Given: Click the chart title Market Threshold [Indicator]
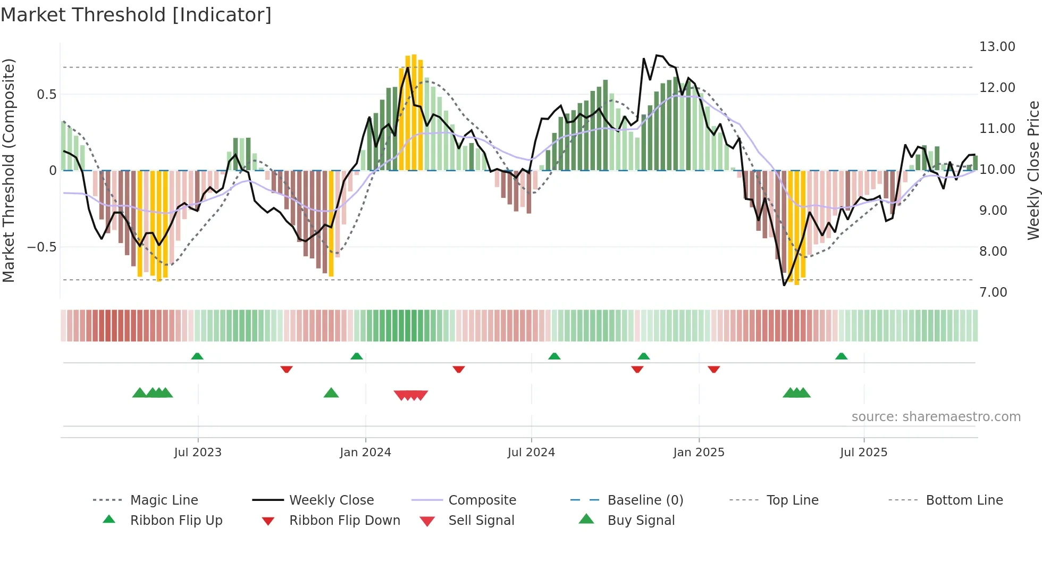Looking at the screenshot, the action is (136, 15).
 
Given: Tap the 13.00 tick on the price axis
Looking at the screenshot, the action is (997, 47).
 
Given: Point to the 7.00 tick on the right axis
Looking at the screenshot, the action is (993, 292).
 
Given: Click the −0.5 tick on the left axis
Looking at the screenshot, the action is (41, 247).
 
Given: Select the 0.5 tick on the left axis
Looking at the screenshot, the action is (46, 95).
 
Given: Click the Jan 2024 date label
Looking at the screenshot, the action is (365, 453).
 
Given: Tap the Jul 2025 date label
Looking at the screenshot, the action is (863, 453).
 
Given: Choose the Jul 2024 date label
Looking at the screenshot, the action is (531, 453).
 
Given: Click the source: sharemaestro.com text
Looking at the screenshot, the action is (936, 417).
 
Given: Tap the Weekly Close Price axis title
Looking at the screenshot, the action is (1033, 170).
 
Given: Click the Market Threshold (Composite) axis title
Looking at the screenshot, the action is (9, 170).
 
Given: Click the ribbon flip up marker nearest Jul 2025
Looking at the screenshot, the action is (841, 356).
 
